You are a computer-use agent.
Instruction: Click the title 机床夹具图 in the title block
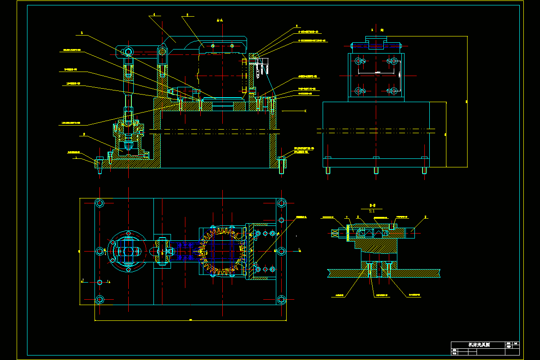(479, 345)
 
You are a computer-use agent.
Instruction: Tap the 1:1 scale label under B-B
(372, 211)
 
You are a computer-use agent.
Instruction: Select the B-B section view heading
(372, 205)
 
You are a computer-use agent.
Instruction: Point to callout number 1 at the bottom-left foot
(77, 158)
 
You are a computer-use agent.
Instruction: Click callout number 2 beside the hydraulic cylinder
(84, 134)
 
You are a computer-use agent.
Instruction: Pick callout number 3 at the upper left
(82, 33)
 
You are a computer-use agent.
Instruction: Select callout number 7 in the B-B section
(347, 217)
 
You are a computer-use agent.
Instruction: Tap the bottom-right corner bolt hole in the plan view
(282, 299)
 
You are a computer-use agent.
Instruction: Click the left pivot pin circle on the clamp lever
(128, 52)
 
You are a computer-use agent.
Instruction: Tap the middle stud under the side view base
(376, 170)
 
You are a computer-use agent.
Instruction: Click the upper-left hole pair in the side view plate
(360, 61)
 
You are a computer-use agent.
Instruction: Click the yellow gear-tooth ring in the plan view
(223, 251)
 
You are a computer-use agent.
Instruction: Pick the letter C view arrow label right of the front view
(306, 110)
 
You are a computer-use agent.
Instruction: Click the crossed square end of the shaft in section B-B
(336, 233)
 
